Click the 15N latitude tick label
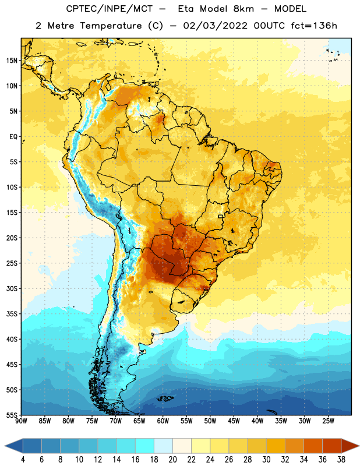pos(12,61)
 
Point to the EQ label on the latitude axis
pos(13,137)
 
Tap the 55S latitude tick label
pos(12,415)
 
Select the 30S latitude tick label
pos(12,288)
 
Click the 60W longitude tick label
pos(163,421)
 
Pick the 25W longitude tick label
pos(328,421)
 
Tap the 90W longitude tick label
pos(21,421)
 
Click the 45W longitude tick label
pos(234,421)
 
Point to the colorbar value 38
pos(341,460)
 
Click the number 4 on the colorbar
pos(23,460)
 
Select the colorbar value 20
pos(172,460)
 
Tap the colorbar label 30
pos(266,460)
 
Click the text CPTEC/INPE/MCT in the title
pos(110,9)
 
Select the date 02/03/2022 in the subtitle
pos(215,26)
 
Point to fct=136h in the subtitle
pos(314,26)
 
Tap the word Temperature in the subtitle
pos(111,26)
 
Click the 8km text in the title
pos(243,9)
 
